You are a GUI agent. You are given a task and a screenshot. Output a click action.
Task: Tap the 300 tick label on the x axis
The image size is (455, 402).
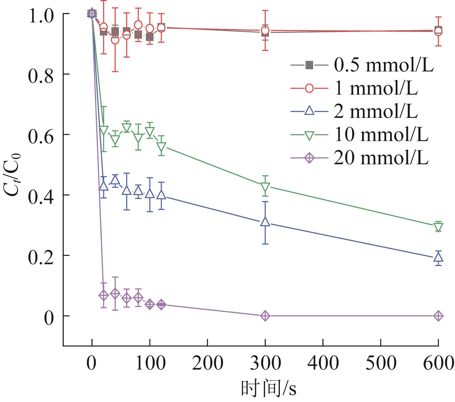click(265, 364)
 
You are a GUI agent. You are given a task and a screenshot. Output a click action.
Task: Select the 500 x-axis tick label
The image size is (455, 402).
click(380, 364)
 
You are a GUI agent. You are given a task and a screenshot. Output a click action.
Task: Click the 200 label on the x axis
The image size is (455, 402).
click(207, 364)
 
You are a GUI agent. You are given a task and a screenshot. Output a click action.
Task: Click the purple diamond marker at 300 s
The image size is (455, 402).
click(265, 316)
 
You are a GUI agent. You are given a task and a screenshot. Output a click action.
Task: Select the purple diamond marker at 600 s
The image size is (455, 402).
click(438, 316)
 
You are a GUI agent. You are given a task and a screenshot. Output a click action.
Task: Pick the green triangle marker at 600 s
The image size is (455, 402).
click(438, 227)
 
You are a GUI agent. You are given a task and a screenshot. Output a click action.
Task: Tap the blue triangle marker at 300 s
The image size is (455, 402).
click(265, 221)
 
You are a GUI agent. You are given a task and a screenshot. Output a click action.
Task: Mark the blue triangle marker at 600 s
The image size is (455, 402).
click(438, 256)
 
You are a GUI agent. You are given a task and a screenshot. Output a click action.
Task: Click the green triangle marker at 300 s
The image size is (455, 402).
click(265, 186)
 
